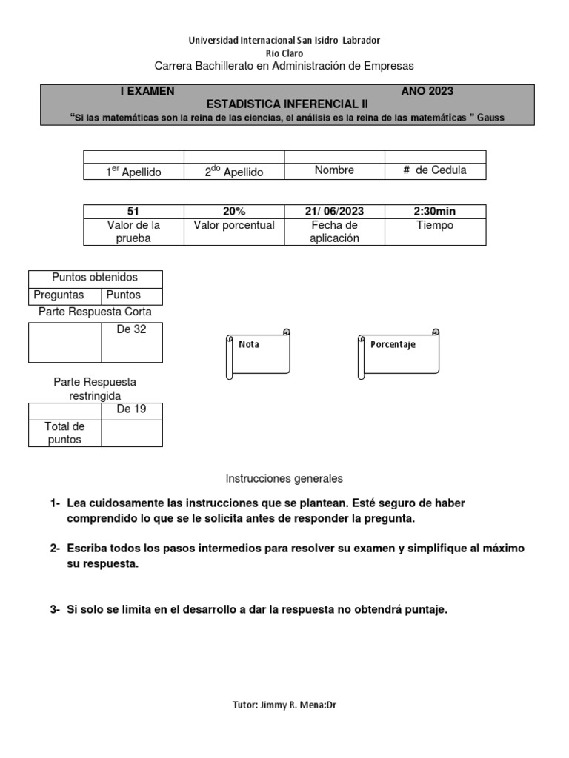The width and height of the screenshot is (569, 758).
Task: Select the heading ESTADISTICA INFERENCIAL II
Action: pos(286,104)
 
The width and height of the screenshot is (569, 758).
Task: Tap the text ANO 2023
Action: pos(427,91)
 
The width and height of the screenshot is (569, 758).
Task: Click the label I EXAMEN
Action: pos(147,91)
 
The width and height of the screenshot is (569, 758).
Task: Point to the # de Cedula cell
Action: pos(435,171)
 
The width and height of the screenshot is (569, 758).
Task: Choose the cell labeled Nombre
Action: pos(334,170)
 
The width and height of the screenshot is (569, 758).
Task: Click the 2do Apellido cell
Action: pos(233,172)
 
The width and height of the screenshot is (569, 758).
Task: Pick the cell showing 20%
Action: pos(233,212)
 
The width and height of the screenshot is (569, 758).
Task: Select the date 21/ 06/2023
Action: pos(334,212)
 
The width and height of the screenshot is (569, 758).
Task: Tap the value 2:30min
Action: pos(435,212)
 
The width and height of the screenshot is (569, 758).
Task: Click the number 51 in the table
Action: pos(133,212)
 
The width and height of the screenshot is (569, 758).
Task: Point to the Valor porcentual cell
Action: pos(233,225)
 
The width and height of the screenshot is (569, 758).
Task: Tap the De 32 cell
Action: pos(132,330)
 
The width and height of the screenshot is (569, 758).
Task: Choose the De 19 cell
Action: pos(132,409)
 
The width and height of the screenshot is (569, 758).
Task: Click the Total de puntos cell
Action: pos(64,433)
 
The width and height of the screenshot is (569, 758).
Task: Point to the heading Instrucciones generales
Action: pos(284,479)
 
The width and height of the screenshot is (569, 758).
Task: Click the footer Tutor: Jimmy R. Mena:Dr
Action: pos(284,705)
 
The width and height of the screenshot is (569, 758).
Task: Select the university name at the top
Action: pos(284,40)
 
